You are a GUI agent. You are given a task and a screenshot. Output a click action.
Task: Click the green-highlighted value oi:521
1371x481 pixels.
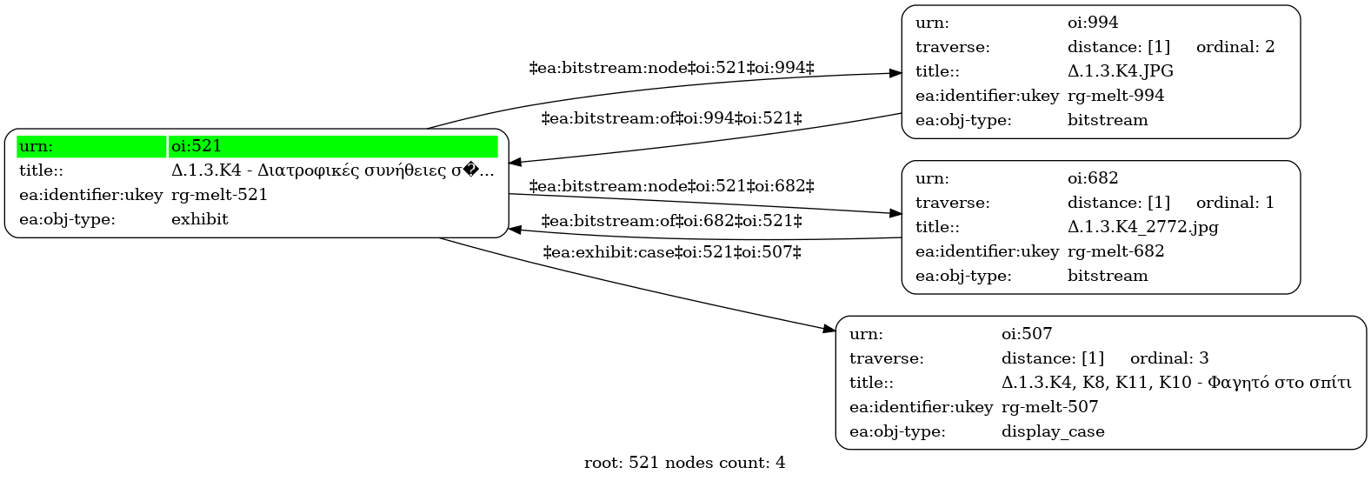196,146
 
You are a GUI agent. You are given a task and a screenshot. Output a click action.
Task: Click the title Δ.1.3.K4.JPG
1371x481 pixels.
1120,71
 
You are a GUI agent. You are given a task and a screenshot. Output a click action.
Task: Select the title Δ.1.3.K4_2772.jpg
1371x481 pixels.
1142,227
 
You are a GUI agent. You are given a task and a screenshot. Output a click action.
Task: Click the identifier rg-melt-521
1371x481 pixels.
219,196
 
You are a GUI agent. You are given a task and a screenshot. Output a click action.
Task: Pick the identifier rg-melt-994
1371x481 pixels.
1115,97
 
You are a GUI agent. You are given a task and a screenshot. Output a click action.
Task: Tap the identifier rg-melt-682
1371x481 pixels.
1115,252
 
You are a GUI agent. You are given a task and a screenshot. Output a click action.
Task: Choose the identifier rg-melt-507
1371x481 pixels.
1049,407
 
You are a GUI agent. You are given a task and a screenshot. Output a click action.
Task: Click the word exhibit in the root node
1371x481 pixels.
200,219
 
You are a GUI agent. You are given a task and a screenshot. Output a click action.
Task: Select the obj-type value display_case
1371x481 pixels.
1053,432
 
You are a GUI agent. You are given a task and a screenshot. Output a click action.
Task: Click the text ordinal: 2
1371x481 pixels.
1235,47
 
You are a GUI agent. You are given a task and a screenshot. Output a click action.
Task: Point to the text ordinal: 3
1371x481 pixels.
1169,358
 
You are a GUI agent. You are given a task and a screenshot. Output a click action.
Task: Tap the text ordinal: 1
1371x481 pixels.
1235,203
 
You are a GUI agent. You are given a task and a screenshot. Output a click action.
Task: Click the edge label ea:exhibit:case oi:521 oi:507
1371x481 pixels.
672,252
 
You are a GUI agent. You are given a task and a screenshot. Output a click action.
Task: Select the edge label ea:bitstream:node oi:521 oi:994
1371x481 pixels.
671,68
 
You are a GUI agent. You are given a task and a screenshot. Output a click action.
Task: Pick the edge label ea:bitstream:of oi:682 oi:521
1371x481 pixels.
671,221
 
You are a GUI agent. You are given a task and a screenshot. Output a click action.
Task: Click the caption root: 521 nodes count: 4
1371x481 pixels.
684,464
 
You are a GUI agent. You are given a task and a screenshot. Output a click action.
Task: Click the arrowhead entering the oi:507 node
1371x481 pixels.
829,330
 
